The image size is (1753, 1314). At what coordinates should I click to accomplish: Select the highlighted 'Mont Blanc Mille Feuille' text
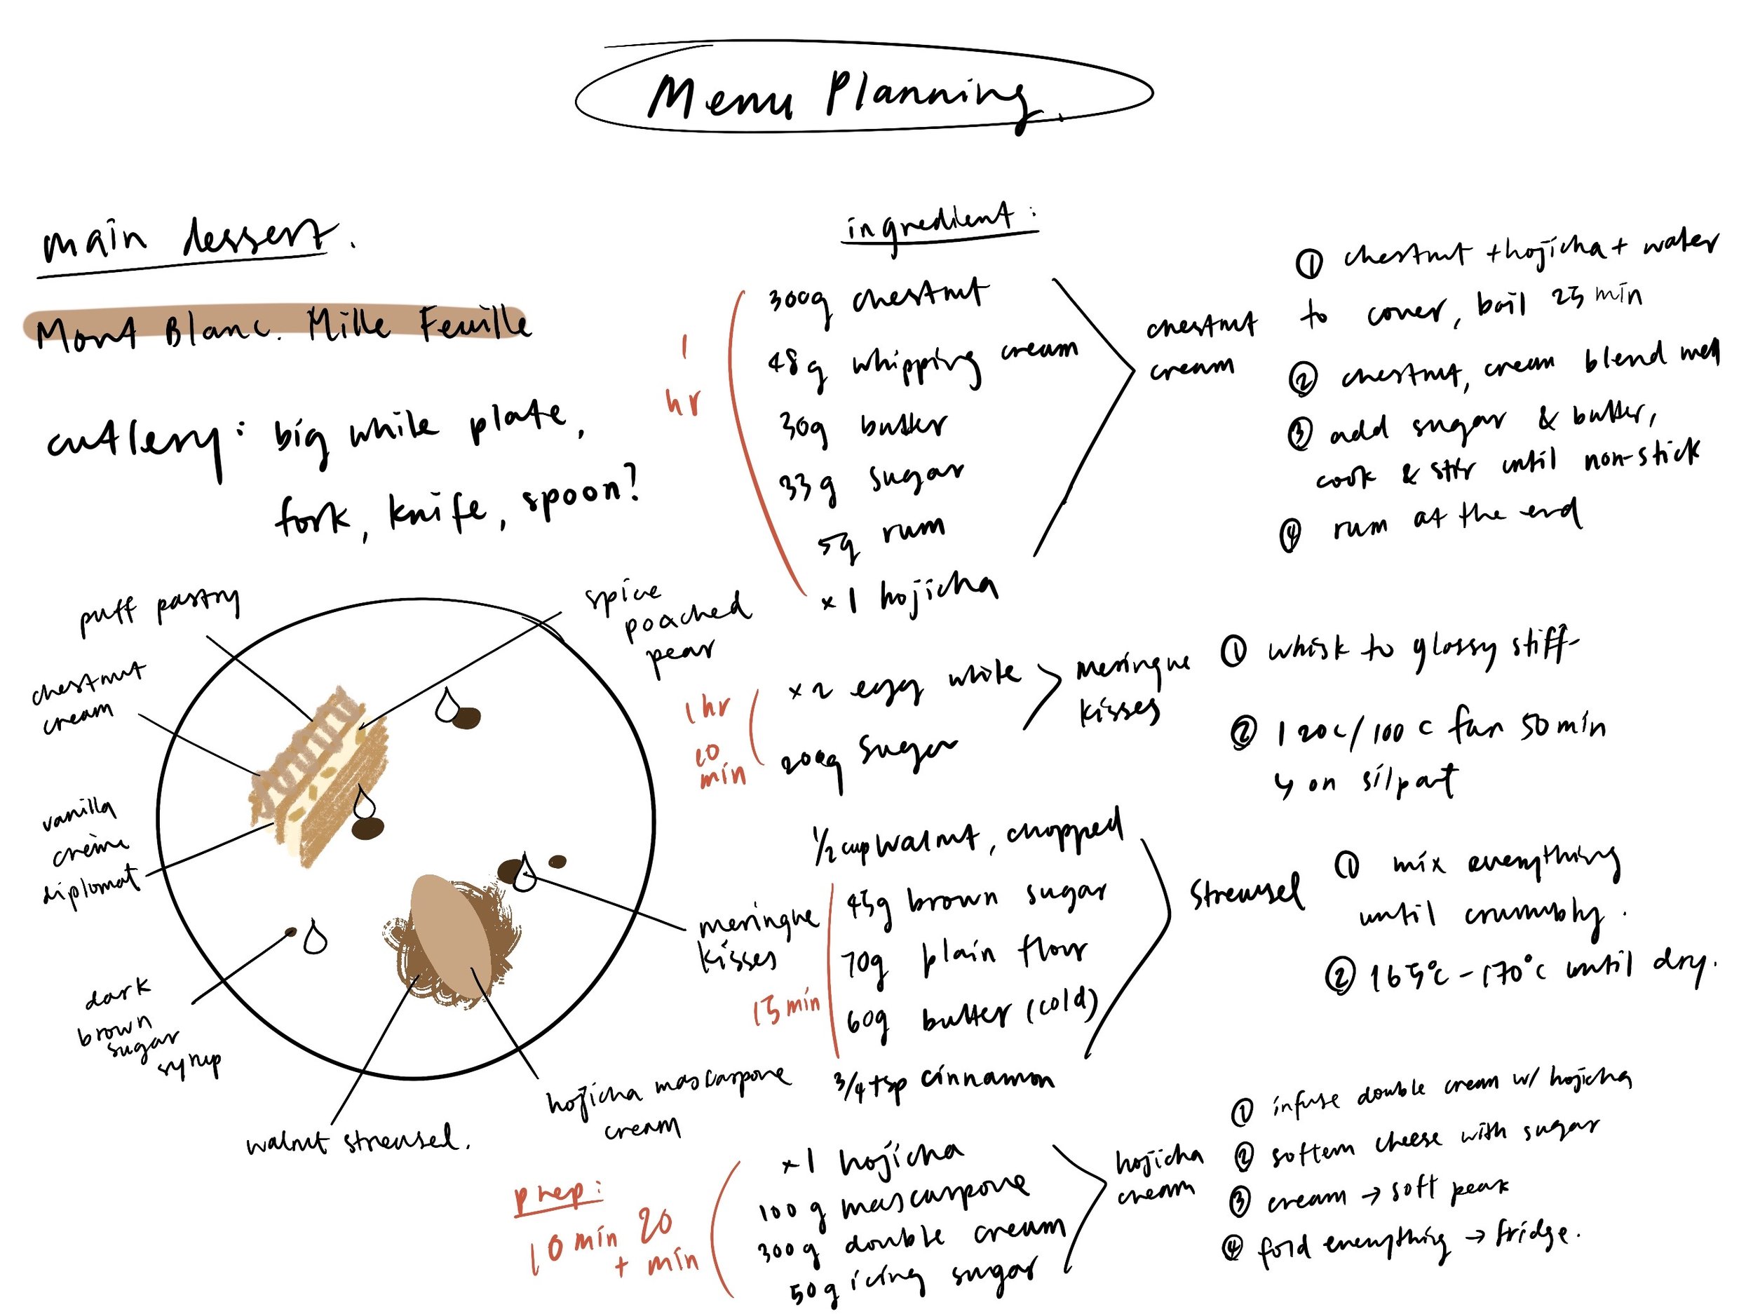point(281,325)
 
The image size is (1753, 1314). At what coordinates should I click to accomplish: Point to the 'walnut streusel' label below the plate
point(357,1142)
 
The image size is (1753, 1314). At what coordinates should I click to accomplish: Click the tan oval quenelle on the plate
point(448,935)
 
